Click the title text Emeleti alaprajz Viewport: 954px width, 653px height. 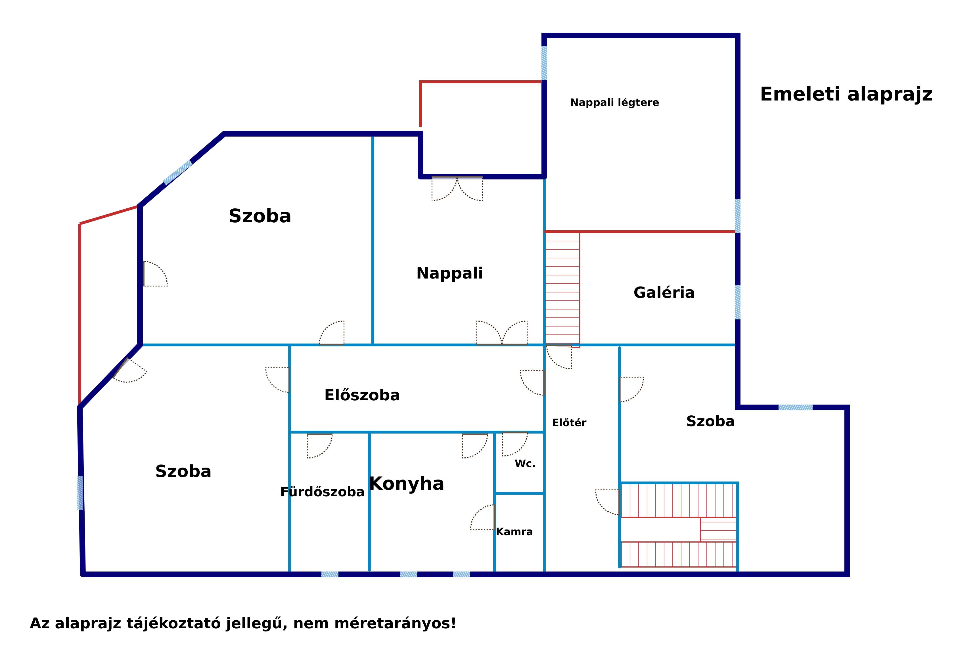pos(846,94)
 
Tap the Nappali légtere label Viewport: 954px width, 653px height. pos(614,102)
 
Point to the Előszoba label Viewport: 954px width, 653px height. pos(362,395)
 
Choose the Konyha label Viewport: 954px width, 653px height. pos(406,484)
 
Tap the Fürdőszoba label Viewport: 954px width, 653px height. pos(322,492)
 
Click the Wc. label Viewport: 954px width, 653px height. pos(525,464)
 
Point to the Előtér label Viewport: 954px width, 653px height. pos(569,423)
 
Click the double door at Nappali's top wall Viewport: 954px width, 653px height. pos(457,189)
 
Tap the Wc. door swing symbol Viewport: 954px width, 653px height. pos(515,444)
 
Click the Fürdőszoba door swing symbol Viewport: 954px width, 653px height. pos(319,446)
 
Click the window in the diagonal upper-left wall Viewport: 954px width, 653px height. pos(178,172)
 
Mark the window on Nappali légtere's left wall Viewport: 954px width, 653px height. pos(544,63)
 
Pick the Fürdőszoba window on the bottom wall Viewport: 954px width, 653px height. pos(330,574)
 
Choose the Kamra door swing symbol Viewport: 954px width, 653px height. pos(483,517)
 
